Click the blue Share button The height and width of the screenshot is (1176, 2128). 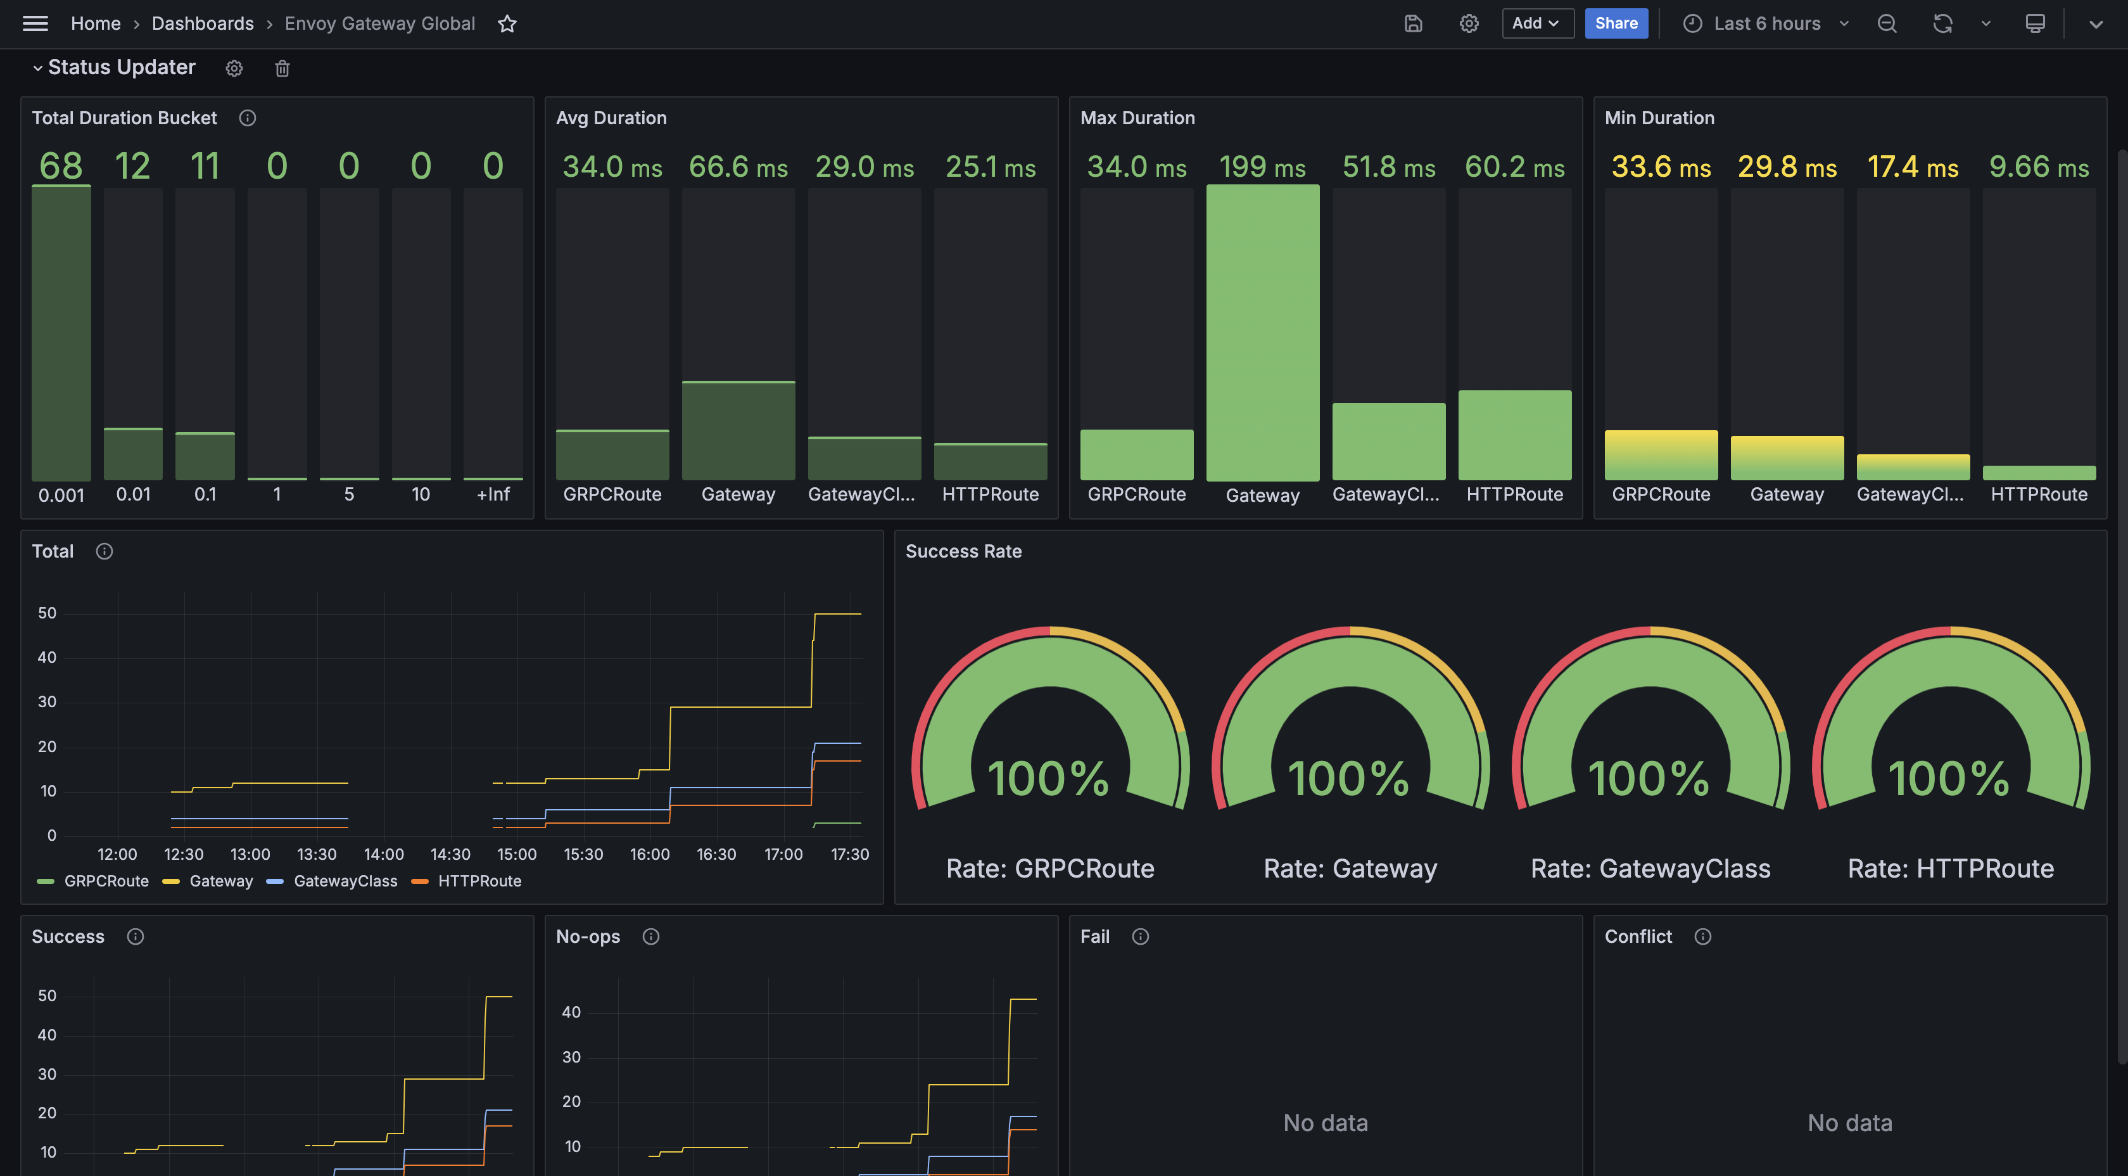pyautogui.click(x=1616, y=23)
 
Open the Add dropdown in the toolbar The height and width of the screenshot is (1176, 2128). pyautogui.click(x=1536, y=23)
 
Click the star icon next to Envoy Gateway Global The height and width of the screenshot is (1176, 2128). pyautogui.click(x=507, y=24)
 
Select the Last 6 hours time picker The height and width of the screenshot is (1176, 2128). pyautogui.click(x=1766, y=23)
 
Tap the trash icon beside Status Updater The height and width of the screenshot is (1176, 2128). pyautogui.click(x=282, y=68)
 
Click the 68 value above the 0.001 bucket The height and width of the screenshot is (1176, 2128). pyautogui.click(x=61, y=166)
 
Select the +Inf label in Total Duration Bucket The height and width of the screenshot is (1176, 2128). pyautogui.click(x=493, y=494)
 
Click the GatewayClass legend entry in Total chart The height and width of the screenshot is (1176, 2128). pyautogui.click(x=345, y=881)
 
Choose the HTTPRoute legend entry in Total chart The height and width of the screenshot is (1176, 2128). pyautogui.click(x=479, y=881)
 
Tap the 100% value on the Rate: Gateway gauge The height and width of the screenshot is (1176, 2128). pyautogui.click(x=1349, y=779)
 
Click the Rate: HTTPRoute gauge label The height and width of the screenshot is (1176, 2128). pyautogui.click(x=1951, y=869)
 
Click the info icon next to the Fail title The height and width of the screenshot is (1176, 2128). pyautogui.click(x=1140, y=936)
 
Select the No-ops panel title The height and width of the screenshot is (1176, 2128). pyautogui.click(x=587, y=936)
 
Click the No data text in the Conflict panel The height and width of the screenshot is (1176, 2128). pyautogui.click(x=1849, y=1122)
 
